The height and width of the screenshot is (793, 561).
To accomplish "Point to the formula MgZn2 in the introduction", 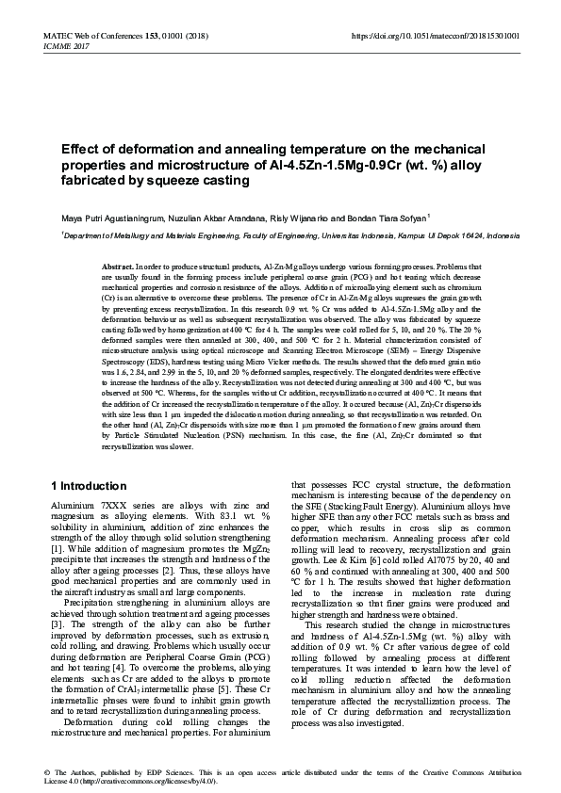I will click(x=260, y=547).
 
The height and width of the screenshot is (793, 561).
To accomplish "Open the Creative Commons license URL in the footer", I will click(x=151, y=781).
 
